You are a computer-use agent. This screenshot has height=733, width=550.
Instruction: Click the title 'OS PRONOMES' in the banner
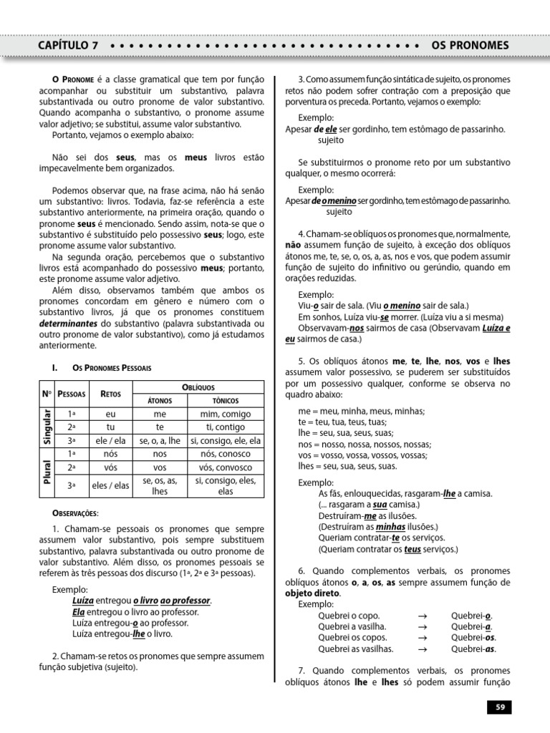point(470,45)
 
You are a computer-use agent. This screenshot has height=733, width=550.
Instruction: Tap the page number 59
point(499,707)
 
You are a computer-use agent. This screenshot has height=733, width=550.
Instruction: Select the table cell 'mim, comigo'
point(226,414)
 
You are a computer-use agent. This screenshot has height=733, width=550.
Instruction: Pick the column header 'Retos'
point(110,394)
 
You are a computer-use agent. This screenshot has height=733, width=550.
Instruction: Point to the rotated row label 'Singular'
point(48,427)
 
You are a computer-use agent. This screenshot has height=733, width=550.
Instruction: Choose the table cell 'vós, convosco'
point(226,467)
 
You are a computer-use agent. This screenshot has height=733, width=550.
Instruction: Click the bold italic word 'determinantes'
point(79,324)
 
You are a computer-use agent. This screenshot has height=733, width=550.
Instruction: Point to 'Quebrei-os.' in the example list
point(473,637)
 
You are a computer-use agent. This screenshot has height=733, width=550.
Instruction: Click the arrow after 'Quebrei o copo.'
point(422,615)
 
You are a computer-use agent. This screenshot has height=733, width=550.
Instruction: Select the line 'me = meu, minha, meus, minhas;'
point(362,411)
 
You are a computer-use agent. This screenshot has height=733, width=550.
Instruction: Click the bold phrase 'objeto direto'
point(313,593)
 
